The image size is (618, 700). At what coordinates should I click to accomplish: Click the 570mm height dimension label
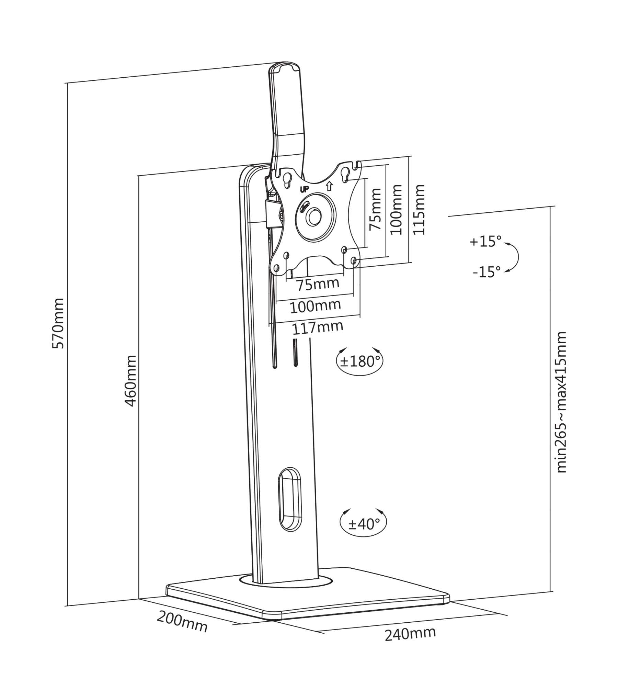(x=58, y=323)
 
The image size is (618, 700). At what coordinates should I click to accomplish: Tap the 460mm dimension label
(x=130, y=381)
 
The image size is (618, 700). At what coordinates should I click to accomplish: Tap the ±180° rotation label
(x=360, y=361)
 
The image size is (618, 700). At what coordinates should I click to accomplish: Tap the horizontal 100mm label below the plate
(x=316, y=307)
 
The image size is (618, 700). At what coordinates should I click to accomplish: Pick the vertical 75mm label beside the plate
(x=375, y=209)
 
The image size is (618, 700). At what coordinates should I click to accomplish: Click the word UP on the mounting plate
(x=304, y=189)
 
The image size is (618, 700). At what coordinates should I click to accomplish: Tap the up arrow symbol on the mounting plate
(x=329, y=186)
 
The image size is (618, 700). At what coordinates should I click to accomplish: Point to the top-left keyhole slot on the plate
(x=287, y=178)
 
